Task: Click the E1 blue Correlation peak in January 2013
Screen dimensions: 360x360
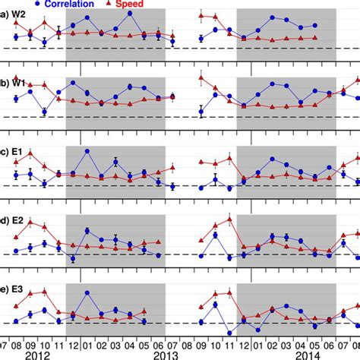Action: (87, 151)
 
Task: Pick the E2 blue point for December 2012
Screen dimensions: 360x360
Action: (73, 259)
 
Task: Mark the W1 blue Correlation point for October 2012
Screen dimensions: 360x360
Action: (45, 112)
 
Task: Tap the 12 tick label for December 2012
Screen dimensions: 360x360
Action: (73, 343)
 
